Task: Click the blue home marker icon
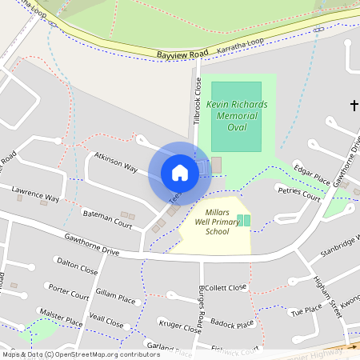pos(180,173)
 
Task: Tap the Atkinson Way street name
pos(115,162)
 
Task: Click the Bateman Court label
pos(107,219)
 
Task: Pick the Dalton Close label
pos(77,266)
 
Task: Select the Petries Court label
pos(298,194)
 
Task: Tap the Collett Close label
pos(227,287)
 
